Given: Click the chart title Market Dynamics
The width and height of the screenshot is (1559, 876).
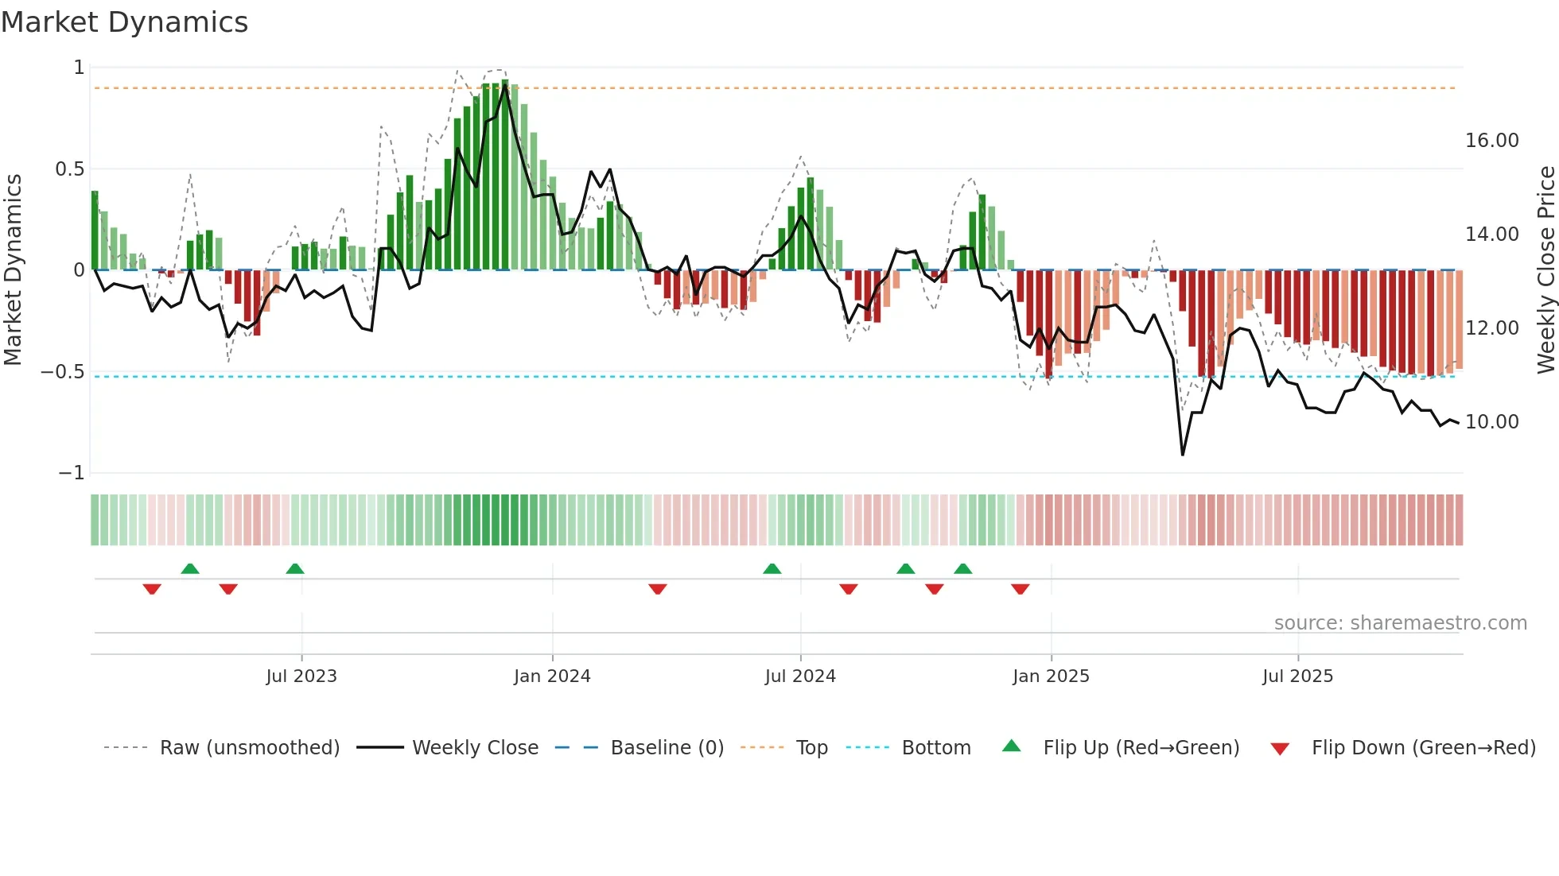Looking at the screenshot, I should tap(125, 22).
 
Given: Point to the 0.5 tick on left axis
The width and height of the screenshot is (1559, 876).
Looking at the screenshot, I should tap(69, 169).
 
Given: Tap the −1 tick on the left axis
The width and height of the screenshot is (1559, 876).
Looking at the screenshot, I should tap(72, 473).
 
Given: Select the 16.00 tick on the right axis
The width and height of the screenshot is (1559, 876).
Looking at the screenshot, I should tap(1491, 141).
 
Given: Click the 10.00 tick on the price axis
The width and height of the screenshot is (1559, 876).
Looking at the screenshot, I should tap(1491, 422).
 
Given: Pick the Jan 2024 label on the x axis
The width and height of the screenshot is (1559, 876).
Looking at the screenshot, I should tap(552, 676).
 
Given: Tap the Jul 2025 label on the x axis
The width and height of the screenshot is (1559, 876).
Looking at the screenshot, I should tap(1297, 676).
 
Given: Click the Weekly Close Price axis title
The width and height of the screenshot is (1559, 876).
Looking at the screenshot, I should tap(1545, 270).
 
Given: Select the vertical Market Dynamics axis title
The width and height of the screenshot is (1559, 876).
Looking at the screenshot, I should tap(13, 270).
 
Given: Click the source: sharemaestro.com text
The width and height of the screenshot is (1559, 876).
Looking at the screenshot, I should tap(1400, 623).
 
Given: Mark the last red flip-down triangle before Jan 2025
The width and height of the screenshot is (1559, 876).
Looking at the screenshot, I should tap(1021, 589).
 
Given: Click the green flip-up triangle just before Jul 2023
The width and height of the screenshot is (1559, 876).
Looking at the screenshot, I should tap(295, 568).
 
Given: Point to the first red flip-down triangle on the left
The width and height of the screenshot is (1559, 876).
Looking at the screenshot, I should tap(152, 589).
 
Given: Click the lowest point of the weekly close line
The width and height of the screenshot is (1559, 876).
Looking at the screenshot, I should tap(1183, 455).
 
